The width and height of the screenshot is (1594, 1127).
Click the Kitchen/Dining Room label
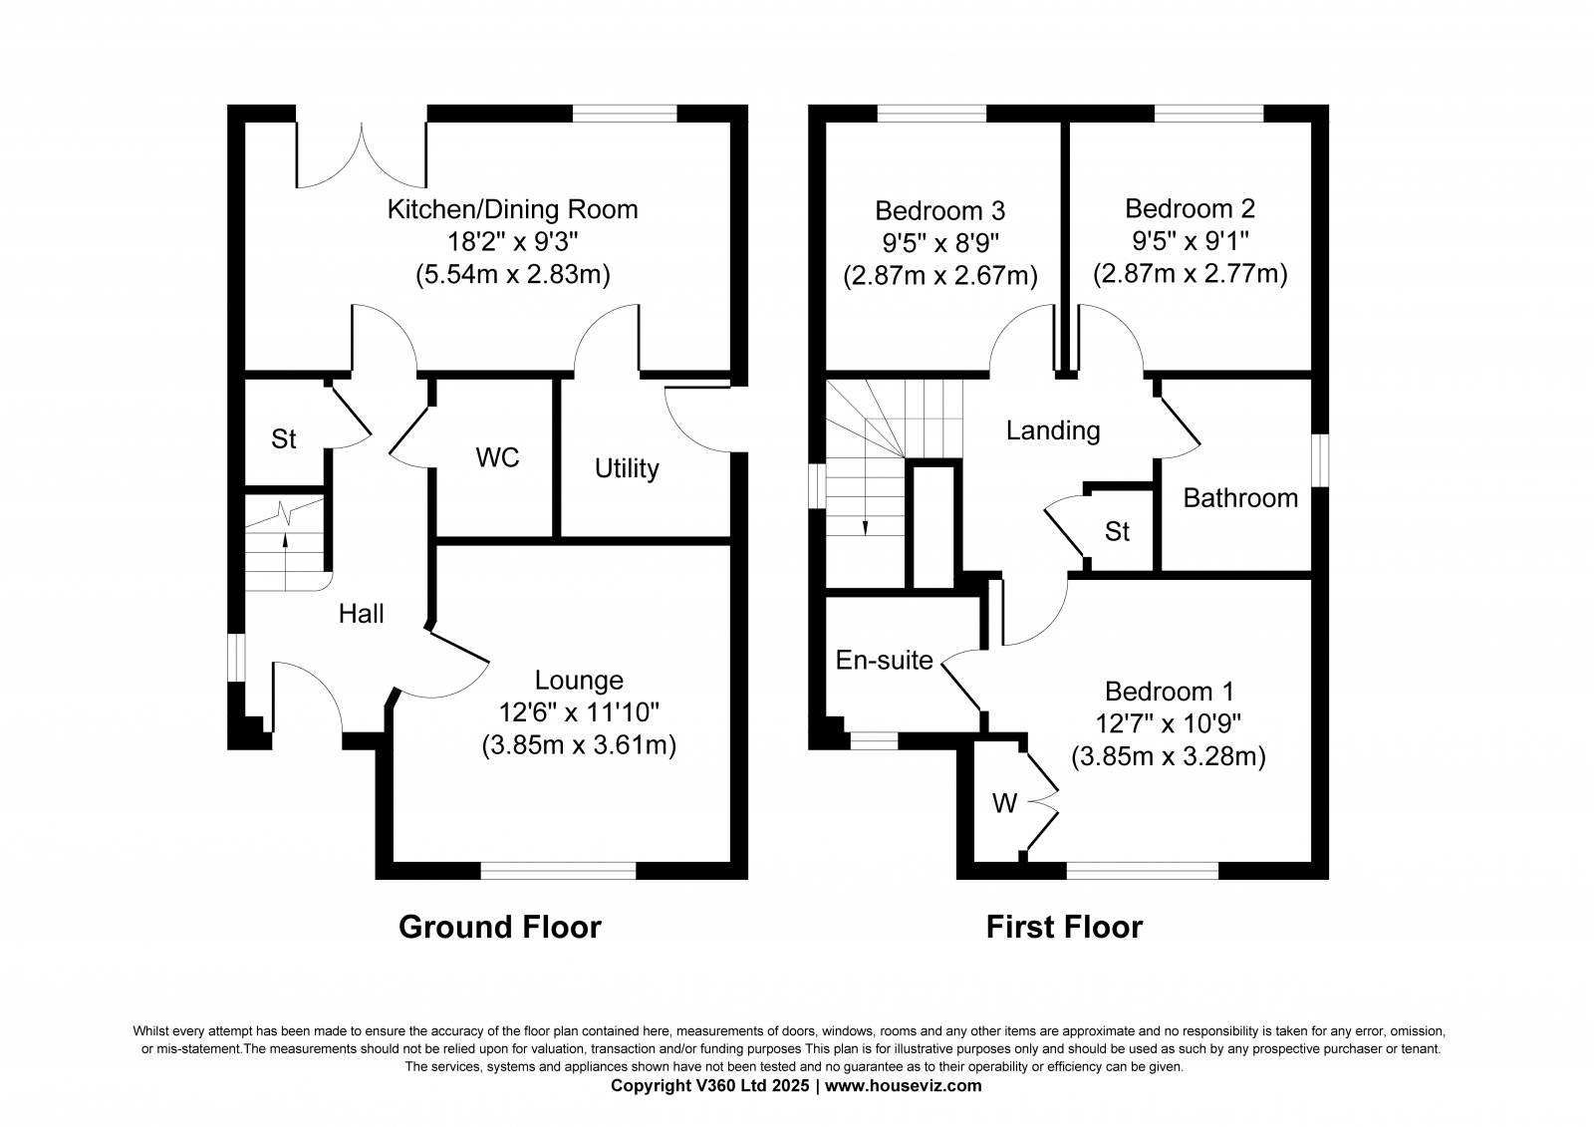click(512, 209)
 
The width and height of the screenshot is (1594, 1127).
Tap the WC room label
click(497, 457)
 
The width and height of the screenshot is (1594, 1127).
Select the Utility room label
click(627, 468)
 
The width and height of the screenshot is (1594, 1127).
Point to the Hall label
click(361, 614)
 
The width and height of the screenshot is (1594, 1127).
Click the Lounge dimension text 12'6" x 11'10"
click(579, 711)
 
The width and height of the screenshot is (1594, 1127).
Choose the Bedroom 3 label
click(940, 210)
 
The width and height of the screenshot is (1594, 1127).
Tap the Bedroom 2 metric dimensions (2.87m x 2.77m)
click(1190, 273)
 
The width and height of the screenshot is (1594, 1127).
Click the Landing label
click(1052, 430)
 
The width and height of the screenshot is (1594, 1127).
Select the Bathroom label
click(1240, 497)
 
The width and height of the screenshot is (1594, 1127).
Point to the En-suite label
click(884, 660)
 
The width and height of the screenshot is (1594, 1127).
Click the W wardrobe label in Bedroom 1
click(1005, 803)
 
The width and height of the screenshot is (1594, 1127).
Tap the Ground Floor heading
click(499, 927)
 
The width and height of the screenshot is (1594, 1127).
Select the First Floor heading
click(1065, 927)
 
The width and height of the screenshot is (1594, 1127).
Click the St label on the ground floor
click(283, 439)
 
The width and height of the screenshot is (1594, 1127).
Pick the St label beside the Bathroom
click(1117, 531)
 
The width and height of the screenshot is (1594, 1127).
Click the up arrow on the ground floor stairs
click(285, 562)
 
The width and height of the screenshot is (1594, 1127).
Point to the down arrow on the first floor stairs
click(866, 497)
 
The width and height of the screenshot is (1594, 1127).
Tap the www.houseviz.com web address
click(903, 1086)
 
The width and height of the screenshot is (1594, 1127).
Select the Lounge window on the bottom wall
click(559, 870)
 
